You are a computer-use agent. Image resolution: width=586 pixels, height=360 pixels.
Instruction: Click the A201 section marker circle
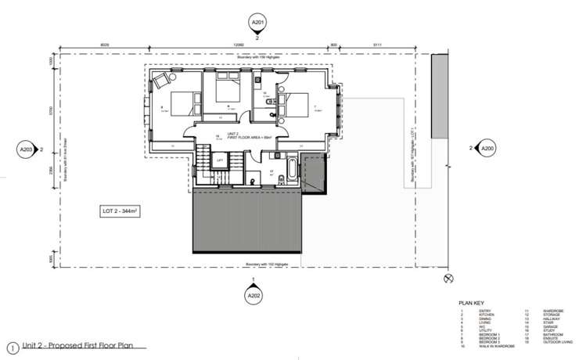tap(255, 23)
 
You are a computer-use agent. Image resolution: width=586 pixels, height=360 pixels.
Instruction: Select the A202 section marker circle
tap(253, 296)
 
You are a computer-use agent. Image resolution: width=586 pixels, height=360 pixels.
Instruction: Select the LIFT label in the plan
tap(220, 161)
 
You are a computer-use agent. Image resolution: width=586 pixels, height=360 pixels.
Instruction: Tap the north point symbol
tap(448, 277)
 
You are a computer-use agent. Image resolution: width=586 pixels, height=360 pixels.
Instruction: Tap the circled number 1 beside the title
tap(11, 347)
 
